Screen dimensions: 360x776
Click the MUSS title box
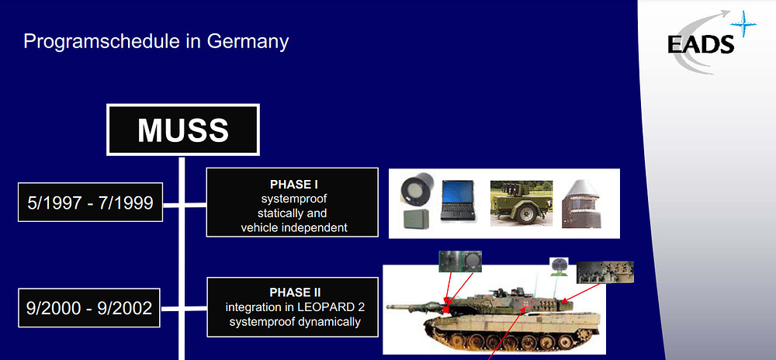click(183, 129)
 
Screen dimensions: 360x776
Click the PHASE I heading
click(294, 185)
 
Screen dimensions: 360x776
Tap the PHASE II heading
click(294, 292)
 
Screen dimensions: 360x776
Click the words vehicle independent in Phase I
click(294, 227)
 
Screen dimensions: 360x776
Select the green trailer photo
click(521, 202)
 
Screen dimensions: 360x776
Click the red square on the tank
click(446, 310)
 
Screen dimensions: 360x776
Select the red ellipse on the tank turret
click(529, 302)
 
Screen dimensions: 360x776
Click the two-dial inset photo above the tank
click(459, 261)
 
